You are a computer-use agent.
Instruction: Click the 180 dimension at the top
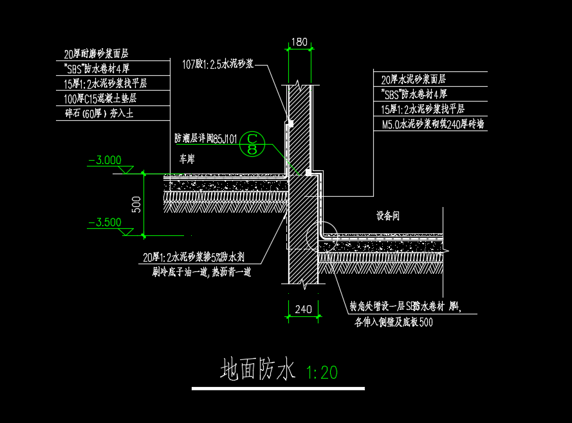click(x=299, y=42)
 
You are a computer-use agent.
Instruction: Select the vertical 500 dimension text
click(x=136, y=204)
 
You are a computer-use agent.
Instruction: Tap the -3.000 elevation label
click(x=106, y=160)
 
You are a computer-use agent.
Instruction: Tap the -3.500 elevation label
click(x=105, y=222)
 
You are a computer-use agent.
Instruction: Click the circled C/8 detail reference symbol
click(x=252, y=143)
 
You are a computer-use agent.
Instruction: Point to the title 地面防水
click(x=257, y=370)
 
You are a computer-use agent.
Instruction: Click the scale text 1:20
click(x=322, y=372)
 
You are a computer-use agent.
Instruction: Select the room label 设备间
click(x=387, y=216)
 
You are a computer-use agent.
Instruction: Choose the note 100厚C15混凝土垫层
click(x=100, y=98)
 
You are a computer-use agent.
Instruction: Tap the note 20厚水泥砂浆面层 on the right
click(x=414, y=80)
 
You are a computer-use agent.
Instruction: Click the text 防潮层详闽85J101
click(x=206, y=138)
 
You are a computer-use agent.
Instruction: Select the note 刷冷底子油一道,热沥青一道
click(x=201, y=272)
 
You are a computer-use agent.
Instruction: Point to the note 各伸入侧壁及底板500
click(x=393, y=322)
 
